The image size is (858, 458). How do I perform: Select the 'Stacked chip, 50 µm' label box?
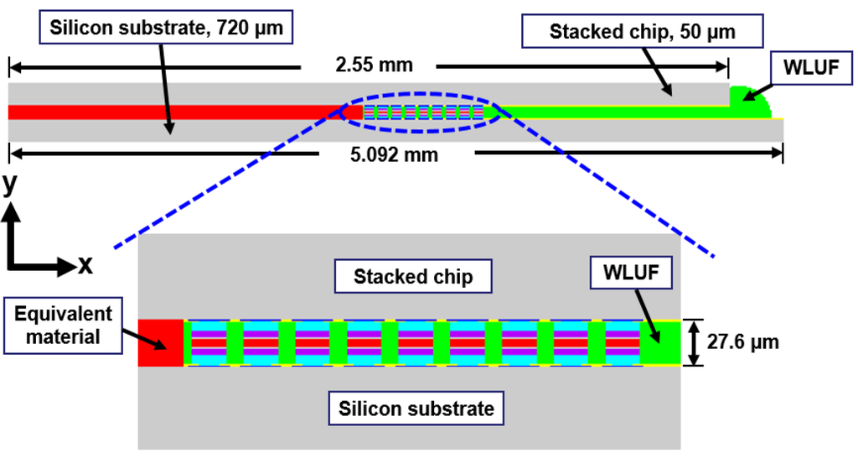click(x=642, y=33)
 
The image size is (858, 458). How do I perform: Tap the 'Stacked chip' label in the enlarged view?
click(x=412, y=277)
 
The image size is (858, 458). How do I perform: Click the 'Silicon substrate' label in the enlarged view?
click(x=416, y=409)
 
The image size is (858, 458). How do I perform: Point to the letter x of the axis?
click(x=85, y=266)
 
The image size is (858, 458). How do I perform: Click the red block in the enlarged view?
click(x=161, y=342)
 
